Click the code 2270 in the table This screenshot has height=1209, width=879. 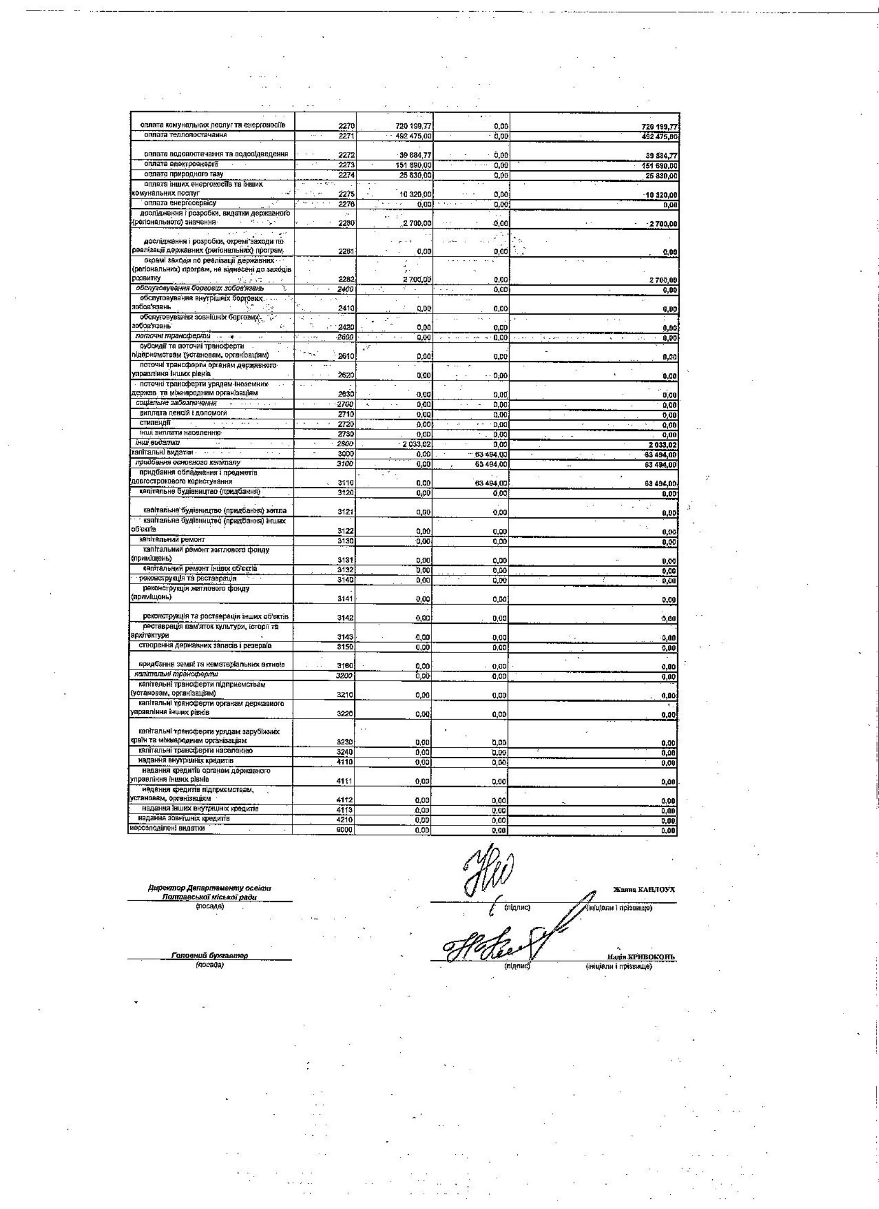346,126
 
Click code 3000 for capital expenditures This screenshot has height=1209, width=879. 346,454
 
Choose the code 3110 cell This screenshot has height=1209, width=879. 346,483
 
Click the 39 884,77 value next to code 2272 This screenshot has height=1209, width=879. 412,155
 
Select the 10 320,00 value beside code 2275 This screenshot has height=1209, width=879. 415,194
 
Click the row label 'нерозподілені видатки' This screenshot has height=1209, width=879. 167,828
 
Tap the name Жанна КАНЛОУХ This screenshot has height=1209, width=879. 644,890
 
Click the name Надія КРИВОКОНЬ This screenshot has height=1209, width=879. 639,957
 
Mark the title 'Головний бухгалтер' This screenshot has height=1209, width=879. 209,956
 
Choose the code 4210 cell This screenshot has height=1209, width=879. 345,821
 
